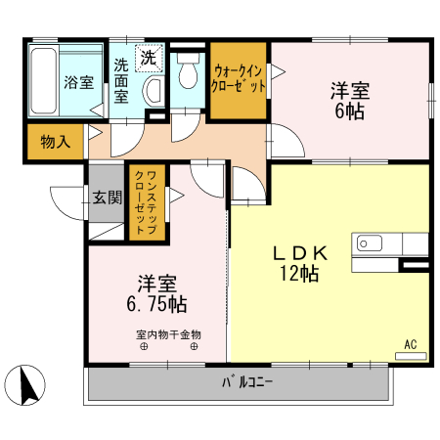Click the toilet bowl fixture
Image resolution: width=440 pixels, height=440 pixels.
click(x=188, y=77)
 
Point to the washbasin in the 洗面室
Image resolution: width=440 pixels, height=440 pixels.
click(x=153, y=91)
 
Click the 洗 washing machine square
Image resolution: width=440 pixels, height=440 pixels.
click(x=149, y=59)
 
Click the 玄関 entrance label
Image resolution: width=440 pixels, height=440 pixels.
click(x=108, y=198)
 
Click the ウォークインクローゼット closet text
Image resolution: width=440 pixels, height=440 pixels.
click(x=239, y=77)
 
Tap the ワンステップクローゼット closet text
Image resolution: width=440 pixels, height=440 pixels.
click(x=147, y=200)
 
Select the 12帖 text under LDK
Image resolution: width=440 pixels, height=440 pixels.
click(x=299, y=274)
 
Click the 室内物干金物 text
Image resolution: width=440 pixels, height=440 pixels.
click(x=168, y=334)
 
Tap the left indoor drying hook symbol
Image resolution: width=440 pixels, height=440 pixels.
click(x=143, y=346)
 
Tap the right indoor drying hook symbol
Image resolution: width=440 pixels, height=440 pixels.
click(x=194, y=346)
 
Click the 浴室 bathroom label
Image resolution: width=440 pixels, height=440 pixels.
click(x=78, y=83)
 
